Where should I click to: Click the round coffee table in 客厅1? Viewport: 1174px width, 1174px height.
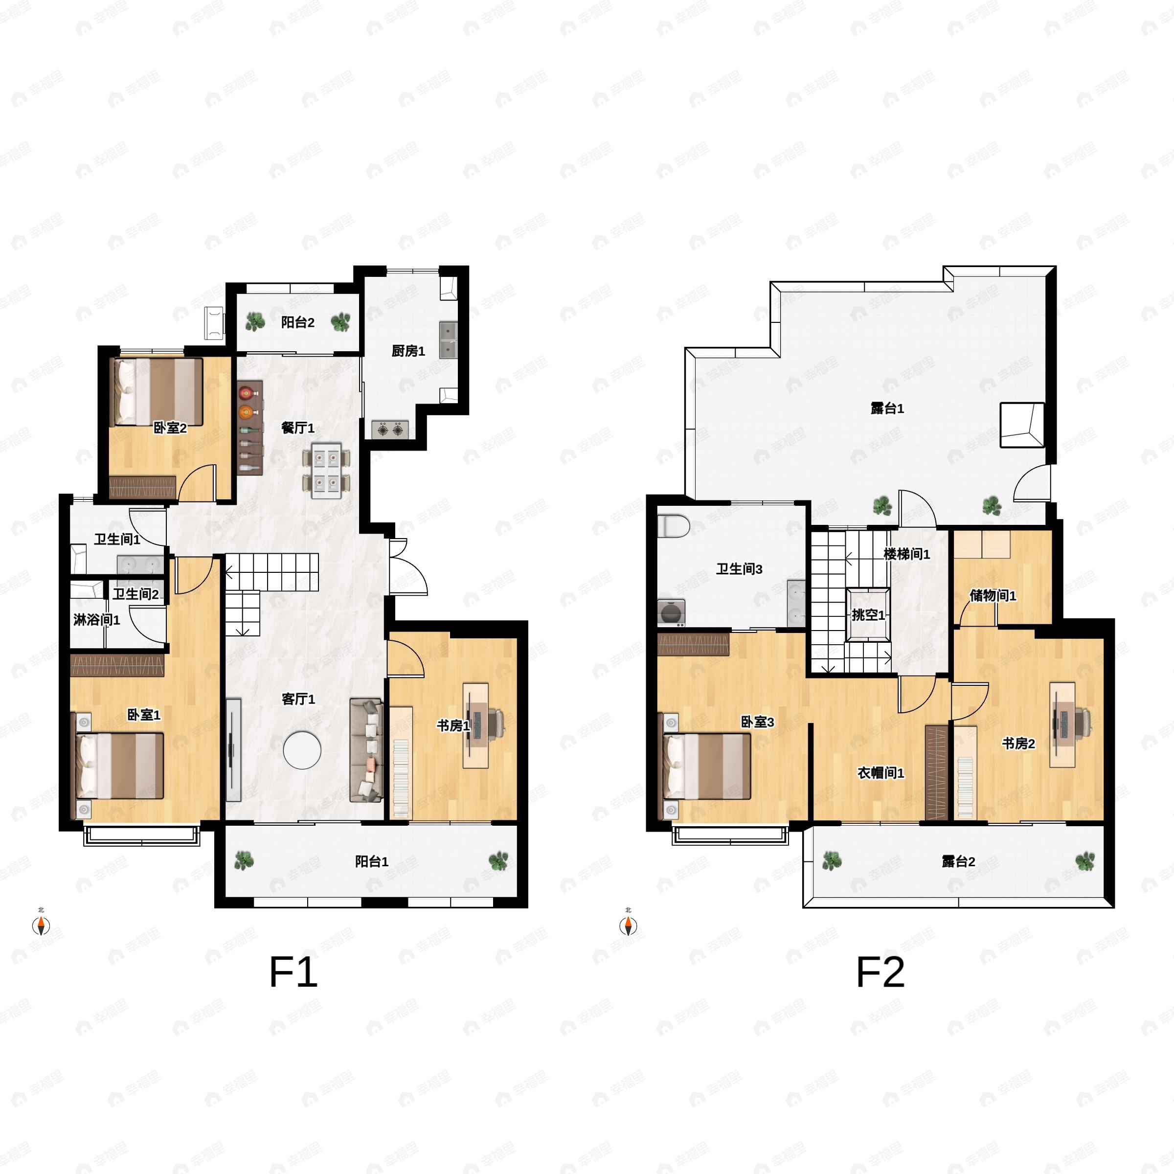tap(302, 750)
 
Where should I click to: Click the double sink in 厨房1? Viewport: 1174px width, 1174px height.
tap(449, 340)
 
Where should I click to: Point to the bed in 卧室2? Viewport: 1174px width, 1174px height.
tap(158, 392)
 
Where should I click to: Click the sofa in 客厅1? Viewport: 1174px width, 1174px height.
tap(366, 750)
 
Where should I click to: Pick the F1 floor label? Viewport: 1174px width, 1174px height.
tap(293, 972)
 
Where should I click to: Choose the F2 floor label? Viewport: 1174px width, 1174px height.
tap(880, 972)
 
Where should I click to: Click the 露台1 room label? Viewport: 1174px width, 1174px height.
tap(887, 408)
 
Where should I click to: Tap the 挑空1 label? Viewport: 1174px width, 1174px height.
tap(868, 615)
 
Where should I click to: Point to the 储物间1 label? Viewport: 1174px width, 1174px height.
tap(993, 595)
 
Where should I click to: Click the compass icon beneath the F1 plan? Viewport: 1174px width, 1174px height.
tap(41, 926)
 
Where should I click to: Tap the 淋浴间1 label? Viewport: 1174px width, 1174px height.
tap(97, 620)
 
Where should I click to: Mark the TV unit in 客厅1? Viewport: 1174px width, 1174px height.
tap(233, 750)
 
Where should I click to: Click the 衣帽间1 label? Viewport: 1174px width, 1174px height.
tap(880, 773)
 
